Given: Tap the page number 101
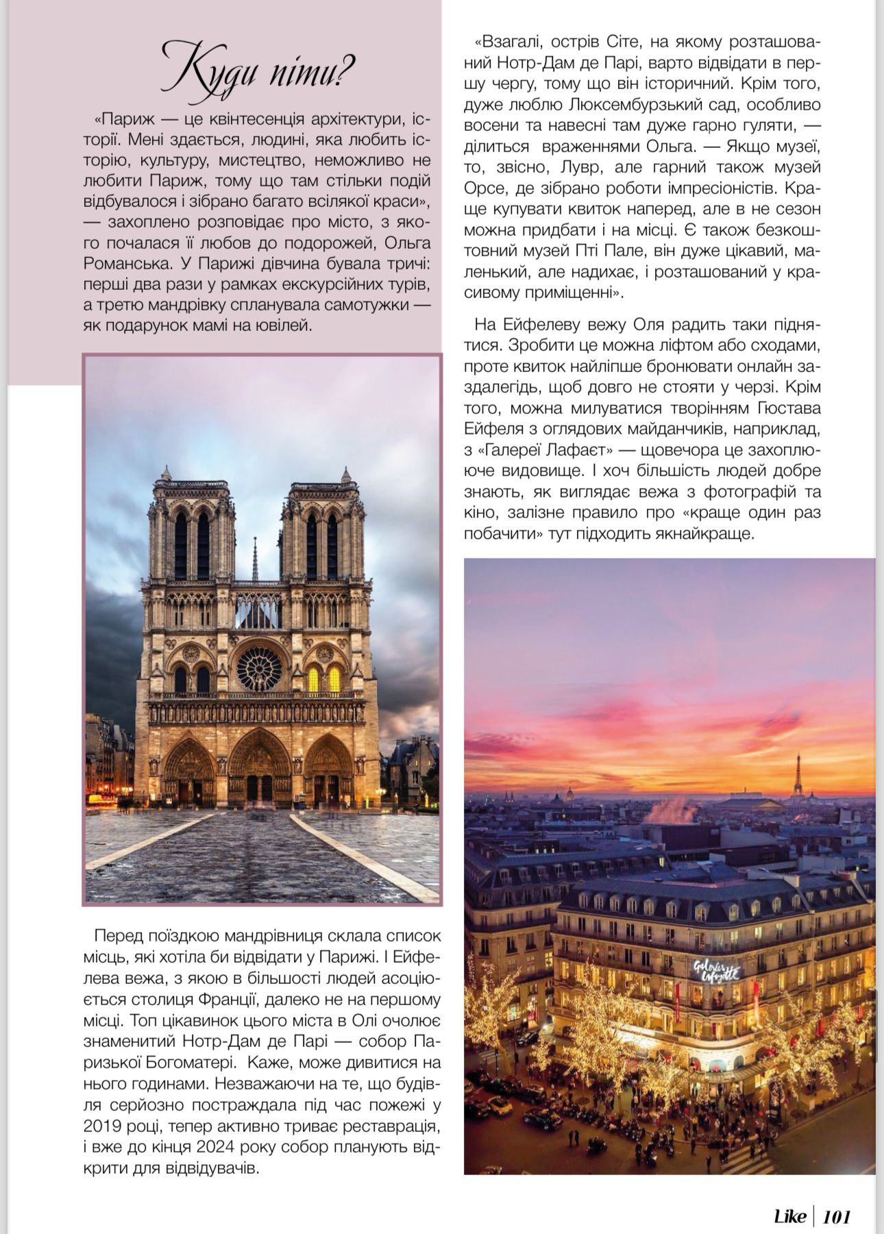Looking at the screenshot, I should pos(836,1216).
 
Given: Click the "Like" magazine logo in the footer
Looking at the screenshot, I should pos(789,1216).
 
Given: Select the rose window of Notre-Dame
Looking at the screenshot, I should pos(259,669).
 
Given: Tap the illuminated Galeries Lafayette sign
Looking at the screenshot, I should pos(716,970).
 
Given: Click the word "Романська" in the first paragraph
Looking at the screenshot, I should pos(120,263).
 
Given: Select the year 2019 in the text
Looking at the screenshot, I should pos(103,1125).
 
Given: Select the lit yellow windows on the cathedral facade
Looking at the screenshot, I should pos(323,679).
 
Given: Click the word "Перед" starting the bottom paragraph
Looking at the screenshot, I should pos(118,935).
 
